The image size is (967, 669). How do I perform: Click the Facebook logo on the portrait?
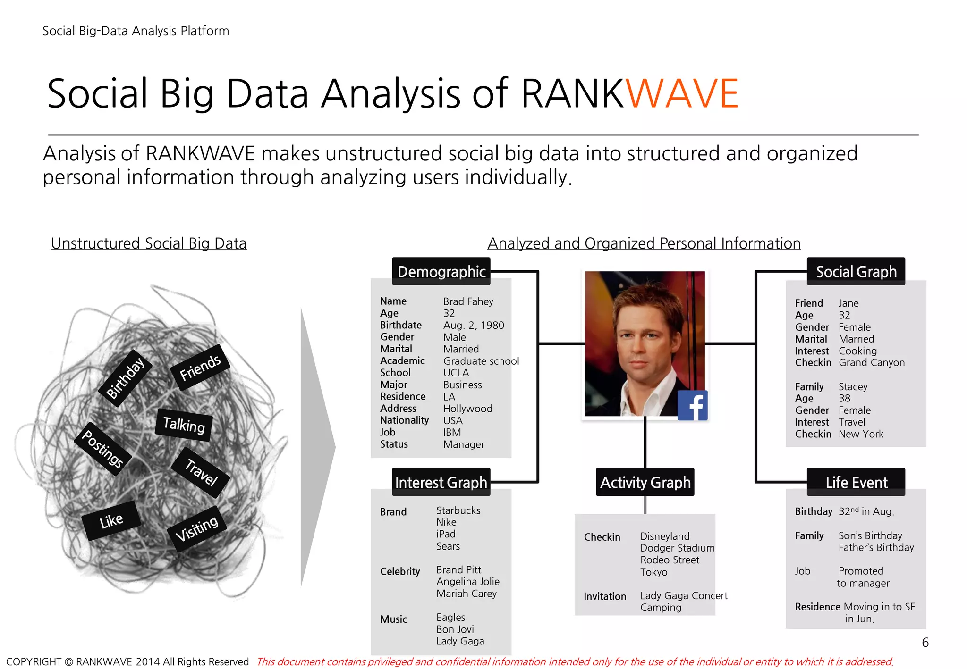[692, 405]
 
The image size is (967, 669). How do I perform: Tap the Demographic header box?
[441, 272]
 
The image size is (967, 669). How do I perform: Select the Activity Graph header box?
[645, 482]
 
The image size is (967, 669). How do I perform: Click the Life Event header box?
[856, 482]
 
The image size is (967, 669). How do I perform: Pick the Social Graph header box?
[856, 272]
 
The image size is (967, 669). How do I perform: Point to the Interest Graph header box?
[441, 482]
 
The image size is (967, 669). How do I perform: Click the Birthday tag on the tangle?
[125, 378]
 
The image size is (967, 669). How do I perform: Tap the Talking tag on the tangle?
[184, 425]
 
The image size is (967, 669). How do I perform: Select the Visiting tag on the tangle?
[197, 528]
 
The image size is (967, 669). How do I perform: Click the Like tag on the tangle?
[111, 521]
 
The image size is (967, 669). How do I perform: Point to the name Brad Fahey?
[468, 301]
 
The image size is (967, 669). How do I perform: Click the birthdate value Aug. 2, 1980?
[473, 326]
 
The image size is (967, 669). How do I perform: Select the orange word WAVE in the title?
[682, 93]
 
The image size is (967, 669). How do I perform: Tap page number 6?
[925, 643]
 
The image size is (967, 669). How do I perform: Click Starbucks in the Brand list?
[458, 510]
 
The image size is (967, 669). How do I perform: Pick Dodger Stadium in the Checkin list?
[677, 548]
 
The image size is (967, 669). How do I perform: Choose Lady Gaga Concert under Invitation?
[683, 596]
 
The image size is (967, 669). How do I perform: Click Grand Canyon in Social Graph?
[871, 363]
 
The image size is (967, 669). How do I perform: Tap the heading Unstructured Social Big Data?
[149, 243]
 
